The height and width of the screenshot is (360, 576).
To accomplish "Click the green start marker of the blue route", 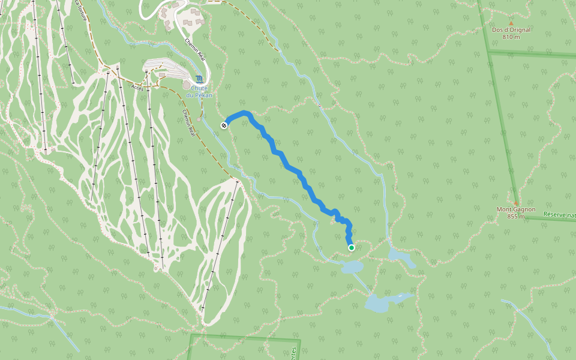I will pos(351,247).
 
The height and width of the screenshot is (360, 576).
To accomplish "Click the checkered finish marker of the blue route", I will pos(223,125).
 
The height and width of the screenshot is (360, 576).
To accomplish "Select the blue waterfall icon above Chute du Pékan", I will pos(199,79).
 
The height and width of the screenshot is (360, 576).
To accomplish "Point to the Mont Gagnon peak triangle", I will pos(515,203).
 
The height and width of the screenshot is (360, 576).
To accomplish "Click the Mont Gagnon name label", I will pos(515,209).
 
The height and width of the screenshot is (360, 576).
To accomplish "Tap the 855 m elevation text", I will pos(515,217).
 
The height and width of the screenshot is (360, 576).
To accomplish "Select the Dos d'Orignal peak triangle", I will pos(511,23).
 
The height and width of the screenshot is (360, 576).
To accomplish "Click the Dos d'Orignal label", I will pos(511,29).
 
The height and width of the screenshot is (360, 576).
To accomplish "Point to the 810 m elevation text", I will pos(511,37).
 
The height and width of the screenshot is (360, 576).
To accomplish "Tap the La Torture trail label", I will pos(82,11).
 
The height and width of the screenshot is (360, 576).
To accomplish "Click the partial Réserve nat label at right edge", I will pos(559,214).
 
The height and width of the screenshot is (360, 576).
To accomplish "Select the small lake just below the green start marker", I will pos(352,266).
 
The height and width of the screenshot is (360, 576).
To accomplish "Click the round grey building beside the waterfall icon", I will pos(186,85).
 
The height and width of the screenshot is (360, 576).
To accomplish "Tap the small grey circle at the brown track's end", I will pos(199,119).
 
